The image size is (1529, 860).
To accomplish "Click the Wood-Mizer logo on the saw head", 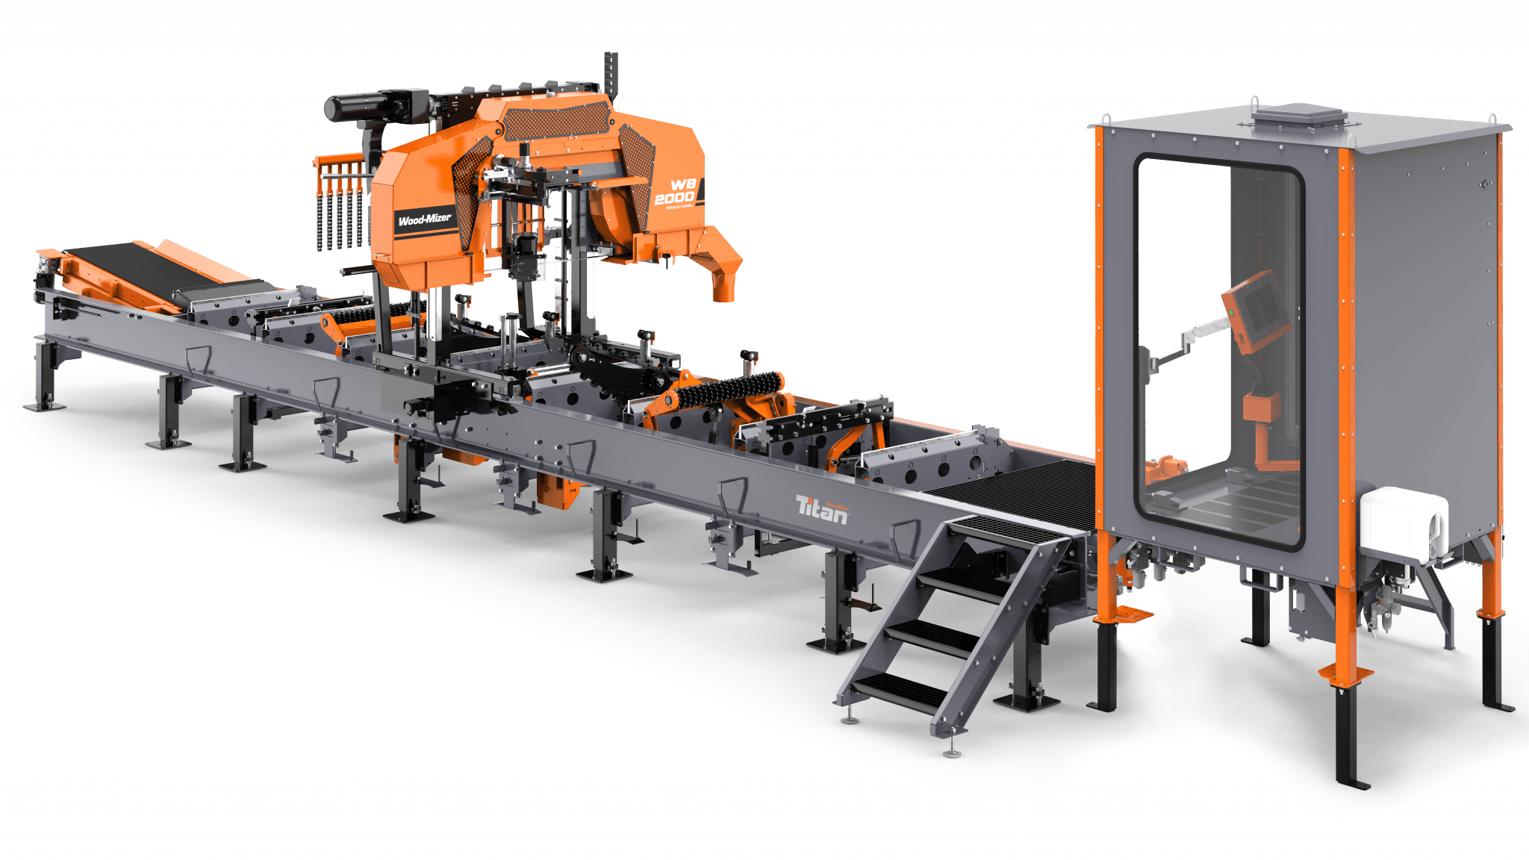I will pyautogui.click(x=424, y=219).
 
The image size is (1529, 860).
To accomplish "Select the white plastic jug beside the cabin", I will pyautogui.click(x=1403, y=523).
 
